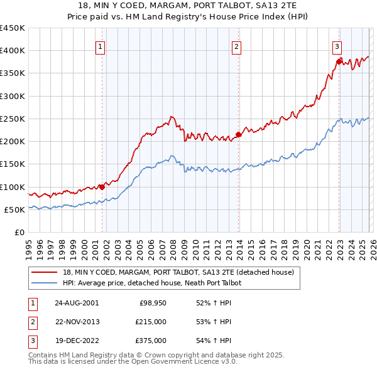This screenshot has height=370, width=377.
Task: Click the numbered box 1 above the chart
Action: [101, 46]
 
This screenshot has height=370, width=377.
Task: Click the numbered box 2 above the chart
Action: [236, 46]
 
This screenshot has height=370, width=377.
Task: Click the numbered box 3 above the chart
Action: [337, 46]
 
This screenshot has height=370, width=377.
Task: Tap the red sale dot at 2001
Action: [102, 187]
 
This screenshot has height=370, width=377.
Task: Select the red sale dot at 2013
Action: [238, 134]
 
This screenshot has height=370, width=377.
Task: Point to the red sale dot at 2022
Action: [339, 61]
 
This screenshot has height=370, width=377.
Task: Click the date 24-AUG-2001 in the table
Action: [77, 302]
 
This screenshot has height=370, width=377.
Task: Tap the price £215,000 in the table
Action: [151, 322]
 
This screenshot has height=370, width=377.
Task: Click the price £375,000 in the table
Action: [151, 341]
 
